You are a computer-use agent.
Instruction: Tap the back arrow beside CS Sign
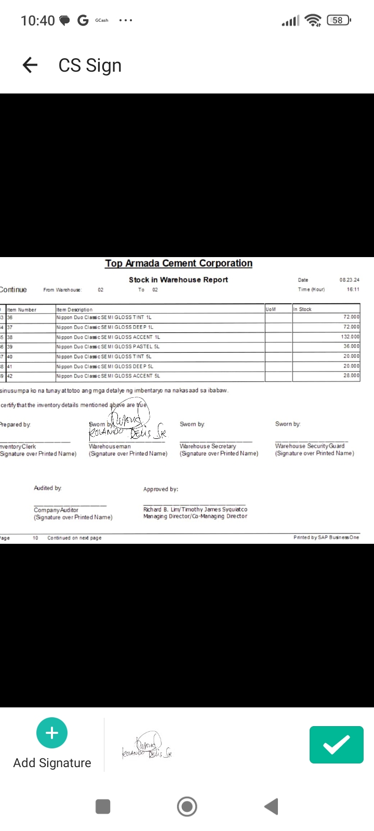pyautogui.click(x=30, y=65)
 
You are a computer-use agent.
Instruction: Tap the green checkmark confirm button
pyautogui.click(x=336, y=745)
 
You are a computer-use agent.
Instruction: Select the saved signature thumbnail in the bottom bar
pyautogui.click(x=147, y=746)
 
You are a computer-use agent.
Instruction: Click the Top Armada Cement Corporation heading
pyautogui.click(x=179, y=263)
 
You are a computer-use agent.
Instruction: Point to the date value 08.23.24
pyautogui.click(x=349, y=280)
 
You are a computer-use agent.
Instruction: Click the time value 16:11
pyautogui.click(x=353, y=289)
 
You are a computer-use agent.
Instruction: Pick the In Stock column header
pyautogui.click(x=302, y=309)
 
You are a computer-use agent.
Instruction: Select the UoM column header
pyautogui.click(x=271, y=309)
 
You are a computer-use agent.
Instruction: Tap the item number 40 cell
pyautogui.click(x=10, y=356)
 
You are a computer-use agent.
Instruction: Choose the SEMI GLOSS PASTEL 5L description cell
pyautogui.click(x=108, y=346)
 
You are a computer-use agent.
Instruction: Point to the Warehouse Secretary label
pyautogui.click(x=208, y=446)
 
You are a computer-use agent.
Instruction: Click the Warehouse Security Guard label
pyautogui.click(x=310, y=446)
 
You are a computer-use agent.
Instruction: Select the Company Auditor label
pyautogui.click(x=56, y=510)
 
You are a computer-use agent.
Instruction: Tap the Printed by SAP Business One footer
pyautogui.click(x=326, y=538)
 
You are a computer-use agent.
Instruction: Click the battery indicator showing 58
pyautogui.click(x=338, y=20)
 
